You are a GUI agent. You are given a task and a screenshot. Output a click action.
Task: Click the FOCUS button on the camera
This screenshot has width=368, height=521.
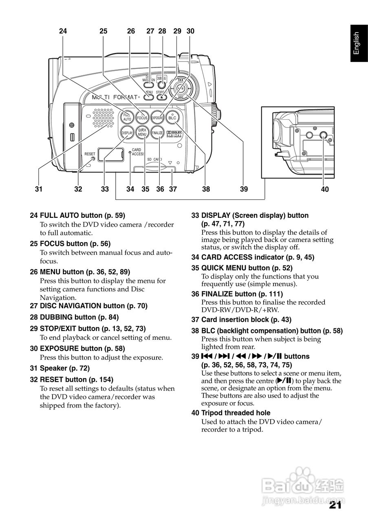(142, 118)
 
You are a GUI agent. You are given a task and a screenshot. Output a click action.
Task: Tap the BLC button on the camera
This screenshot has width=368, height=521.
(172, 118)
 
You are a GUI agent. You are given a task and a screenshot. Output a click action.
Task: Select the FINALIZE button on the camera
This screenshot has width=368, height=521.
(157, 133)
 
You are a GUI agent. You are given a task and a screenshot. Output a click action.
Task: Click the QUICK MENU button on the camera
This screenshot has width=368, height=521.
(142, 133)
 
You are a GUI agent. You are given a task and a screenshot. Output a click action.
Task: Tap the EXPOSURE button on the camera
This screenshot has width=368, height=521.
(157, 118)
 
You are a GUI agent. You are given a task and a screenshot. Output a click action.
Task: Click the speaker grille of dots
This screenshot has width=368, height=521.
(104, 118)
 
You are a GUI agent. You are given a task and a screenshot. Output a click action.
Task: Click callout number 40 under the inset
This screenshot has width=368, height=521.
(325, 189)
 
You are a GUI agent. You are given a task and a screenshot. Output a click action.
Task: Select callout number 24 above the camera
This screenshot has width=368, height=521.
(63, 31)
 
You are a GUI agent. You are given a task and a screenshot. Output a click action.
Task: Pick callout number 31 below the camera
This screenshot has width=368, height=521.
(39, 189)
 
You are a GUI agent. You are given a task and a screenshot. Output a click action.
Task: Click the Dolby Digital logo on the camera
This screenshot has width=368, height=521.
(174, 134)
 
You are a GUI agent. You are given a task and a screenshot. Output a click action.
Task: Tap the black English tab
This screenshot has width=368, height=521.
(359, 43)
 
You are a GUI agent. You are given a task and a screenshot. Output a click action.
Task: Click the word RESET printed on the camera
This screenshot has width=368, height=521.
(90, 154)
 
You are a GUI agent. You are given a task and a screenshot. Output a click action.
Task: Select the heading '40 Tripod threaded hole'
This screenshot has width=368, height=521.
(231, 413)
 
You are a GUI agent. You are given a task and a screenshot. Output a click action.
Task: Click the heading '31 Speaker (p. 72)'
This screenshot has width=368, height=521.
(60, 368)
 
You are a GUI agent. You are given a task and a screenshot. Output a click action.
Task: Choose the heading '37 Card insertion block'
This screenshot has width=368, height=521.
(241, 320)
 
